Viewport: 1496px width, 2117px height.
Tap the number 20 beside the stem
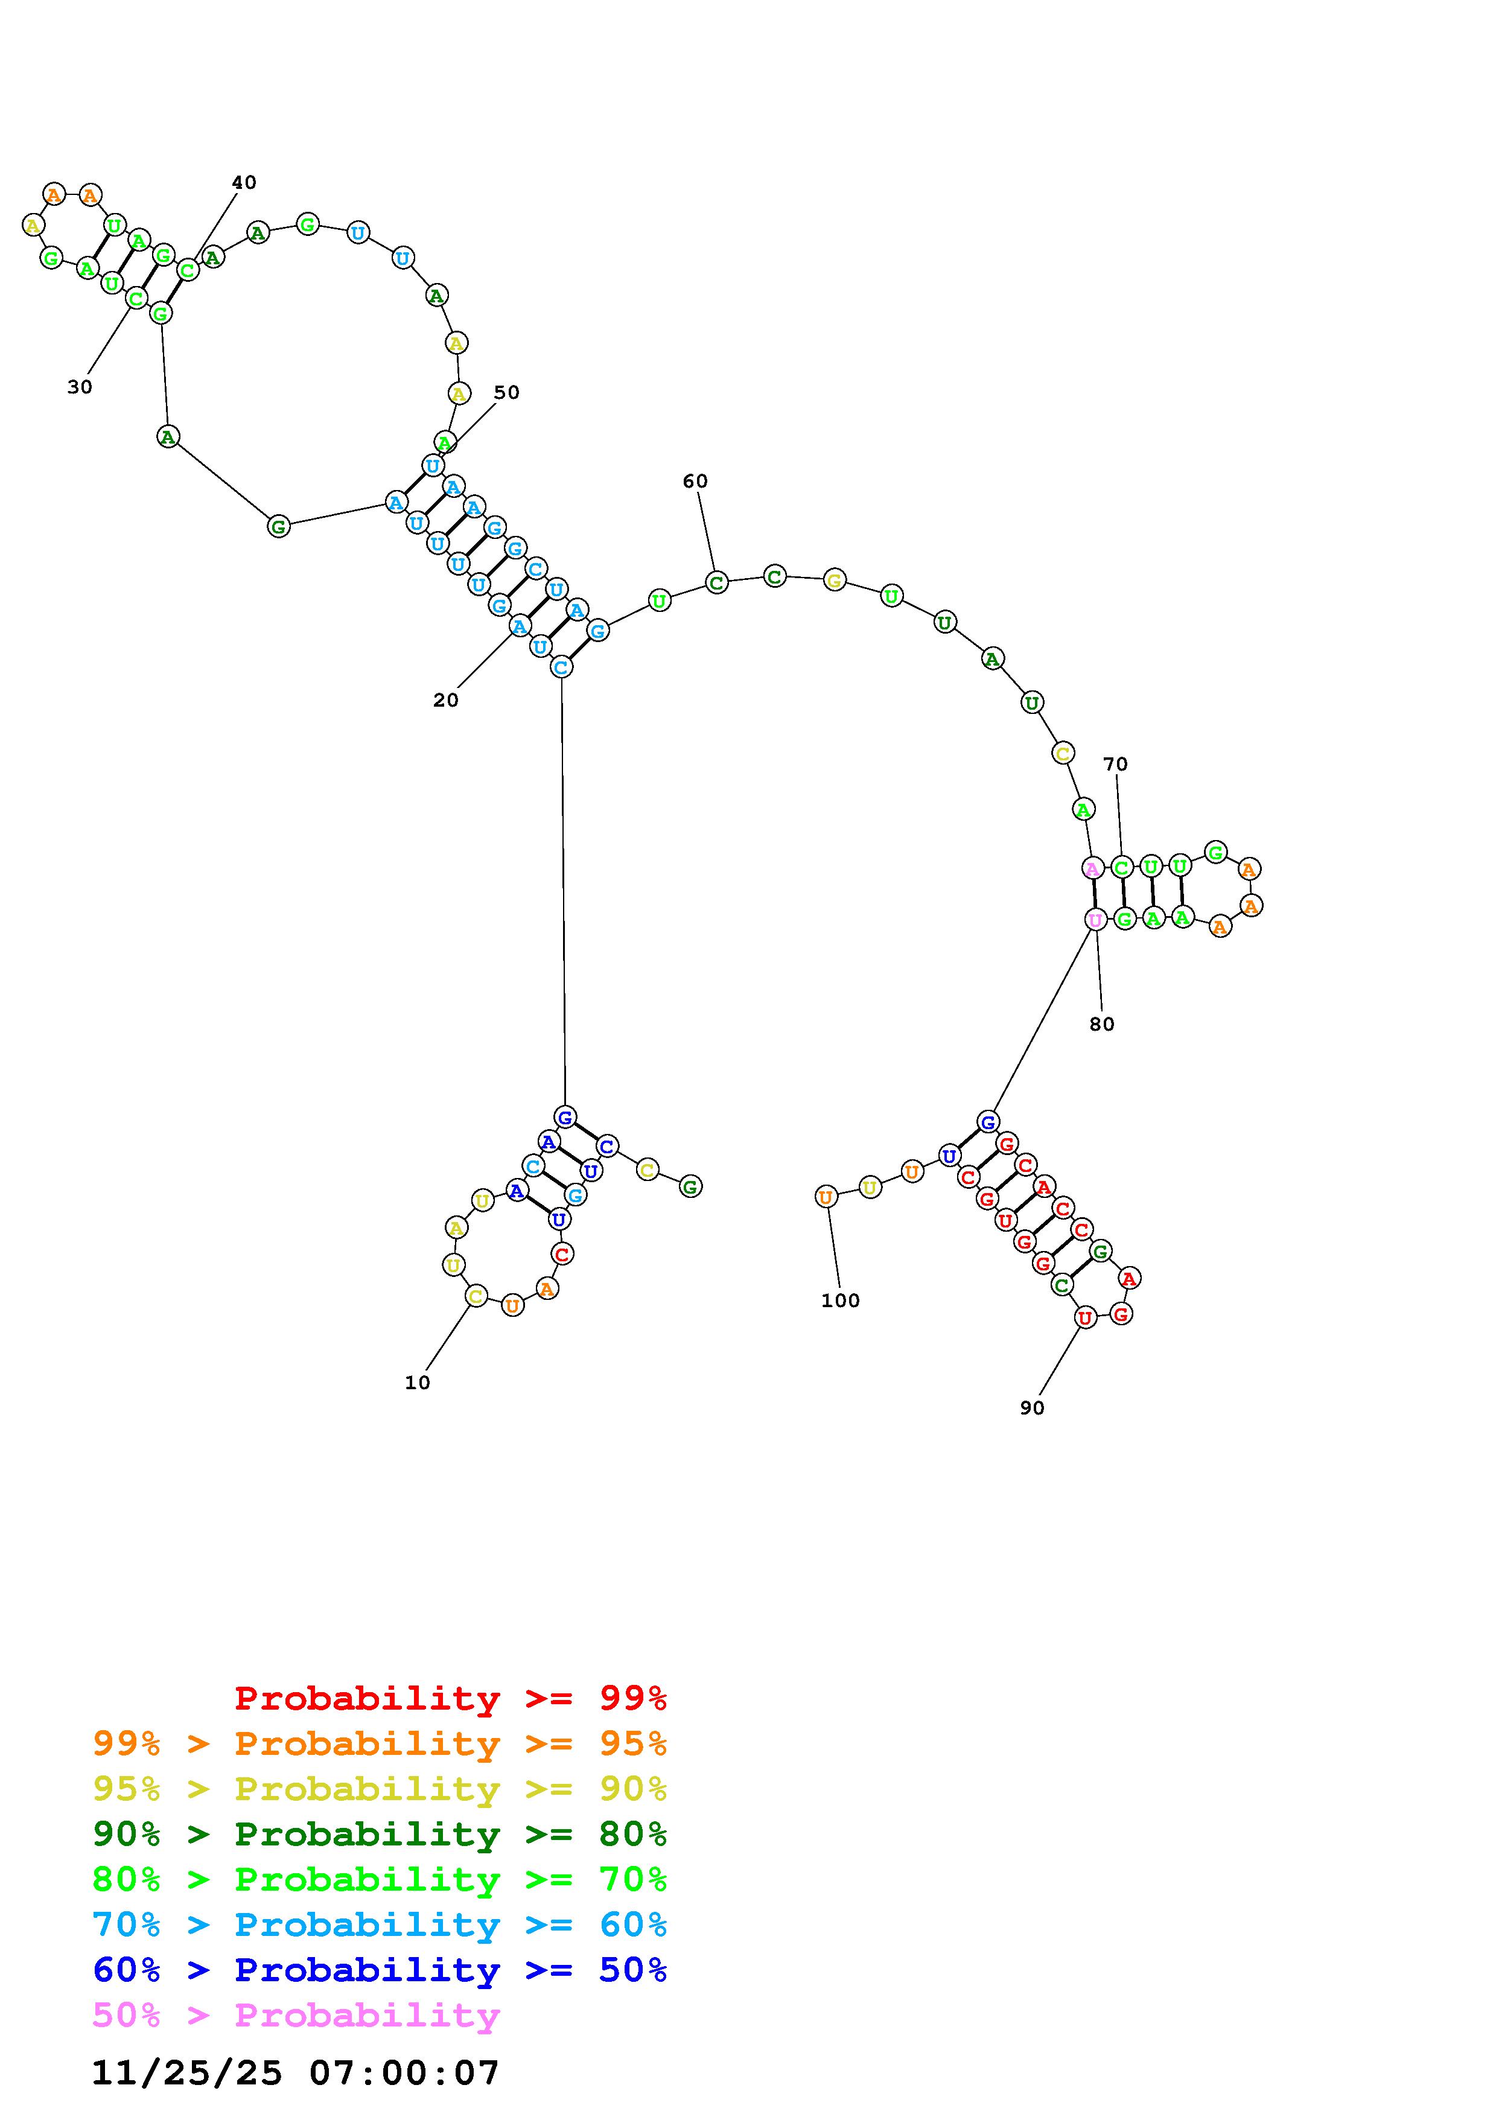(445, 700)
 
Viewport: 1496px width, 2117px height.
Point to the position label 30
(80, 387)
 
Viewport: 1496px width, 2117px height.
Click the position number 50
(506, 393)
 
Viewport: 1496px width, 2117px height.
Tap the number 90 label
(1033, 1407)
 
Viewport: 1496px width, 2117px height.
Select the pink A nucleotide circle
(1092, 868)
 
